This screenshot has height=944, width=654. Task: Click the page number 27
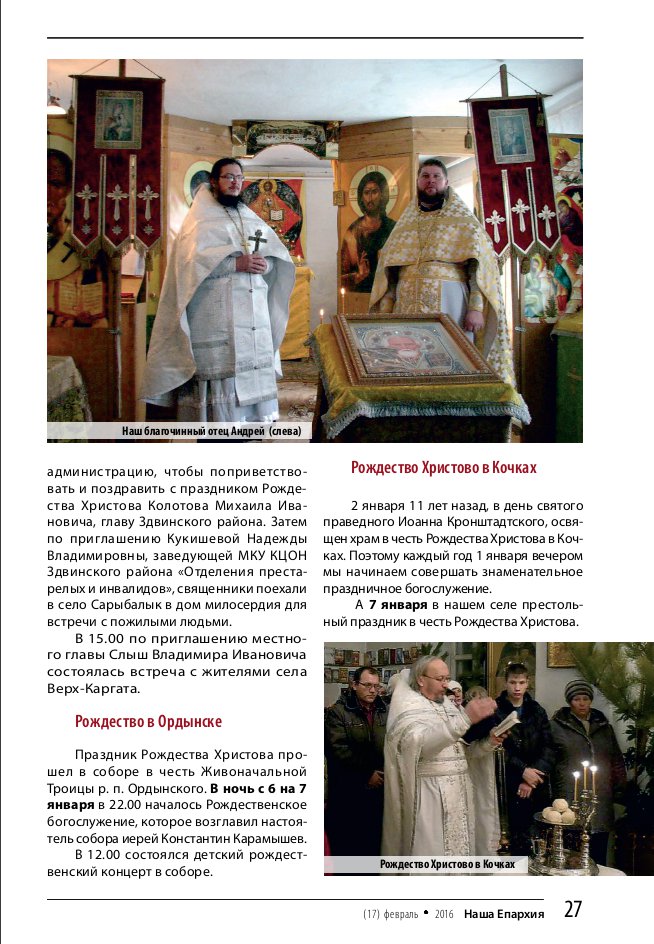(572, 909)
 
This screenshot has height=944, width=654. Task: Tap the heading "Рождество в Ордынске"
(148, 721)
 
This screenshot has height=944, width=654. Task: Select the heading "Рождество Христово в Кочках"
(443, 468)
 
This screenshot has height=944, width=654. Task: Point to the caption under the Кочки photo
(447, 864)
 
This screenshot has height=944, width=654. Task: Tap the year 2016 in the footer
(444, 914)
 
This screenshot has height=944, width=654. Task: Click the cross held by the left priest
(257, 241)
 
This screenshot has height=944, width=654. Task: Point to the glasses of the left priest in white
(230, 178)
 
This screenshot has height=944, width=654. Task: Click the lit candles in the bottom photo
(584, 775)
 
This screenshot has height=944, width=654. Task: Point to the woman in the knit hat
(579, 700)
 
